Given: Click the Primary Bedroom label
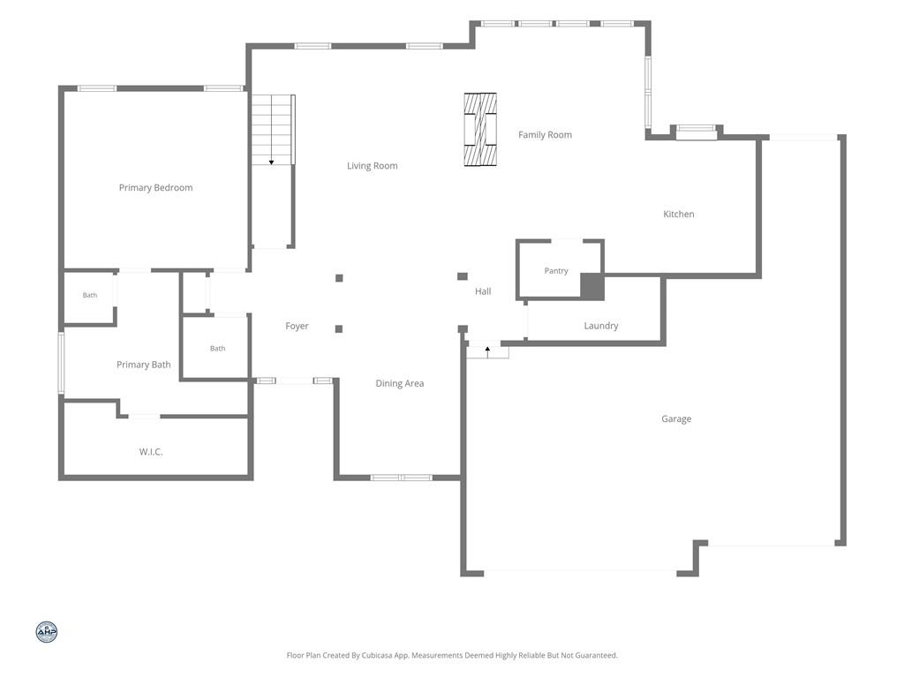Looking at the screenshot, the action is (155, 187).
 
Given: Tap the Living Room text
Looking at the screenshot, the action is (373, 166).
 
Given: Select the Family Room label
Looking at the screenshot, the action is (545, 135).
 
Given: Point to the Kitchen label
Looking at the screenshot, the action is (679, 214).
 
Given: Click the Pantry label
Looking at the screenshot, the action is (556, 271).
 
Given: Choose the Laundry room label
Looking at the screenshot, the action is (600, 326).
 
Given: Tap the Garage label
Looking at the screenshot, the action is (676, 419).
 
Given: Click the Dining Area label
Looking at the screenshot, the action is (400, 383).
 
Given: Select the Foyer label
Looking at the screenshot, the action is (297, 327).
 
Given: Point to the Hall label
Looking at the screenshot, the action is (483, 291).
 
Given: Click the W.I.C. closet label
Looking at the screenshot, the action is (151, 452).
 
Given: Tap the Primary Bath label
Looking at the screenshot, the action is (144, 365).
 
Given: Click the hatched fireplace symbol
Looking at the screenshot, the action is (480, 130).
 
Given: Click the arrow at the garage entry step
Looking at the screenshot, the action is (487, 351).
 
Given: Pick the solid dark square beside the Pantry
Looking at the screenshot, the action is (592, 287).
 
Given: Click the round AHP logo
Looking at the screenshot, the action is (47, 632).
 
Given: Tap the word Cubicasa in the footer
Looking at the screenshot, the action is (378, 656).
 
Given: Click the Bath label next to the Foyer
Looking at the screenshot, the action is (217, 348).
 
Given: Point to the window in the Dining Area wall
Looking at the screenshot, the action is (402, 478).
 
